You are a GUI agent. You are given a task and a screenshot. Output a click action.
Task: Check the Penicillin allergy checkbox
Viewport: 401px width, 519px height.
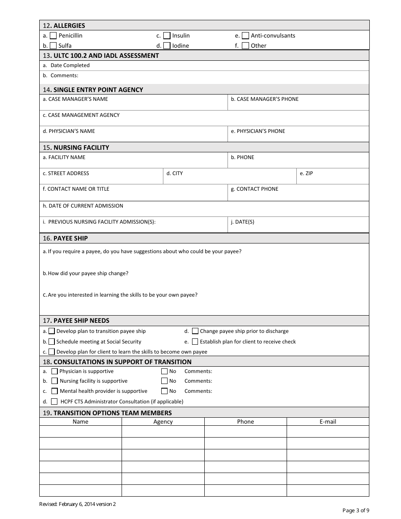point(53,36)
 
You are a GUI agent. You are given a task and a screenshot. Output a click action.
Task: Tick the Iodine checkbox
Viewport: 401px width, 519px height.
point(167,46)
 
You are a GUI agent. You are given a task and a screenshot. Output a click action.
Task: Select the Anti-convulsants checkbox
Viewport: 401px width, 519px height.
point(245,36)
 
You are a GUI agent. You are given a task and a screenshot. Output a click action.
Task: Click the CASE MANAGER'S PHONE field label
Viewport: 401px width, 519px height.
point(264,99)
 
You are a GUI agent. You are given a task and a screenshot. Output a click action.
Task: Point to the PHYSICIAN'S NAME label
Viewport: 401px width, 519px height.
point(69,131)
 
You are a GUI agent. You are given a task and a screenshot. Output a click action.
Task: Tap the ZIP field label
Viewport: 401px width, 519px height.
point(306,173)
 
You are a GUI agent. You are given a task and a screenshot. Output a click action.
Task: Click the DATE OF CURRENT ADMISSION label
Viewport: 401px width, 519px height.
point(83,206)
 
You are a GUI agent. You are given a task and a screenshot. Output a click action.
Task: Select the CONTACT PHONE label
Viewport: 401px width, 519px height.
point(255,189)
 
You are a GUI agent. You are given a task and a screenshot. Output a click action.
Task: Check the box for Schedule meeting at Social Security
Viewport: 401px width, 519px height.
point(51,342)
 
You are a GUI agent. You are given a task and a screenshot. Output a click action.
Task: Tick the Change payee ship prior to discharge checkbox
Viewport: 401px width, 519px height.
point(195,331)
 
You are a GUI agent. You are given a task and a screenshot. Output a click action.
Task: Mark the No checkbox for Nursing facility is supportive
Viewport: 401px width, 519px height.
point(164,381)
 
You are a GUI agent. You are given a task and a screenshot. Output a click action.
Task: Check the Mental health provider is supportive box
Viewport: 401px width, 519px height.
point(54,391)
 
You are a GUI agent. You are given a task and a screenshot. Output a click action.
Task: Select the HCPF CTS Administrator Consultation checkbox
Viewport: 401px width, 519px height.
point(54,402)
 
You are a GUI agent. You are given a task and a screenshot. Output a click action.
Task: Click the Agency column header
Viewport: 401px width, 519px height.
point(163,422)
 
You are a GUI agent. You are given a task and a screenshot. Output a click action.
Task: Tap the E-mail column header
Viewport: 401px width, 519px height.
point(328,422)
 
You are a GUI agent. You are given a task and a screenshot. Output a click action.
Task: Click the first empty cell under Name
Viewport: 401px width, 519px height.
point(81,431)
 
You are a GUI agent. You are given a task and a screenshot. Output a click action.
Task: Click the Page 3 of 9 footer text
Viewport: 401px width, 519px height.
point(356,511)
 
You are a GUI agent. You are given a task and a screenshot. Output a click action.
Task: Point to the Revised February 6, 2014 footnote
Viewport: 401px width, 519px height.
point(77,504)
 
